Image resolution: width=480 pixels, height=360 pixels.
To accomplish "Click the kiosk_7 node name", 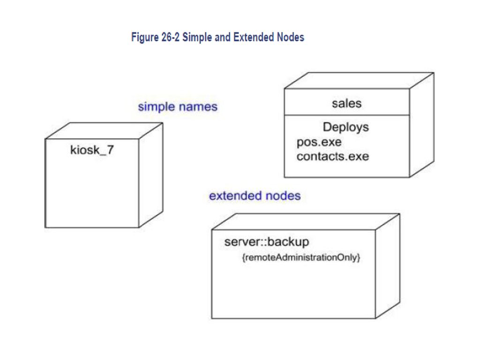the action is [92, 150].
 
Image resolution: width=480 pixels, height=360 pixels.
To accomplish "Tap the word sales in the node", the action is [346, 103].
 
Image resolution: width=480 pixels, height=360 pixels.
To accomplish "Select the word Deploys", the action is [345, 127].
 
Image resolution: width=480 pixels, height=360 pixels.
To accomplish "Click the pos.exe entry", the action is [319, 142].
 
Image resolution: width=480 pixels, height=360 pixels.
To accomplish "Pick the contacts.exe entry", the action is [333, 157].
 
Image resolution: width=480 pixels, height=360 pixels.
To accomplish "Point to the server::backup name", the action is [267, 242].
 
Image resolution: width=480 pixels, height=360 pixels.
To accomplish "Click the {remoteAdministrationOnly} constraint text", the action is [301, 257].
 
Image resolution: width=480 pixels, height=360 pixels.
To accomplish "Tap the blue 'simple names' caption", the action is [178, 107].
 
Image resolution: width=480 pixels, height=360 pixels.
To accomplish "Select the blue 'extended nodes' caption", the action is [255, 195].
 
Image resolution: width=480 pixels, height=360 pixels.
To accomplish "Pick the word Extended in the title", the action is [254, 37].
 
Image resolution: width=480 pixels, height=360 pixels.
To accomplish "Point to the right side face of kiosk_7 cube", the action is [151, 175].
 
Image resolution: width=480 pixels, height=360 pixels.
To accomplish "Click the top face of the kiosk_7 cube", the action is [104, 131].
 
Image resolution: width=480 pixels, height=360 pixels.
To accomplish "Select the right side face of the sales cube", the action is [421, 125].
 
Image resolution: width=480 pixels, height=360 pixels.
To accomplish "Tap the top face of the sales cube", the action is [359, 81].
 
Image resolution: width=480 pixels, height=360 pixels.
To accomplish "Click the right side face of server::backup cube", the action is [388, 266].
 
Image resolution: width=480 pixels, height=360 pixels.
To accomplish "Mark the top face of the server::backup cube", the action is [306, 222].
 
